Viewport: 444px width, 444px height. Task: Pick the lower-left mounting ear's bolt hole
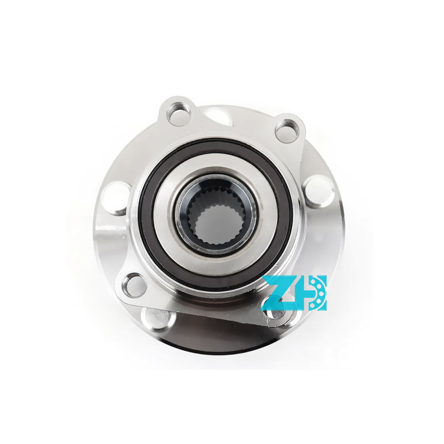134,284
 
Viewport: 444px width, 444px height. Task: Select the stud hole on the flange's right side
317,190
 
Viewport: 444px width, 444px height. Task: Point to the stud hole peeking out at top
218,117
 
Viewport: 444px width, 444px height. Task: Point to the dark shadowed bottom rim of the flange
222,347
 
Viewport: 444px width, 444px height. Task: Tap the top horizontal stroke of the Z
280,279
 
